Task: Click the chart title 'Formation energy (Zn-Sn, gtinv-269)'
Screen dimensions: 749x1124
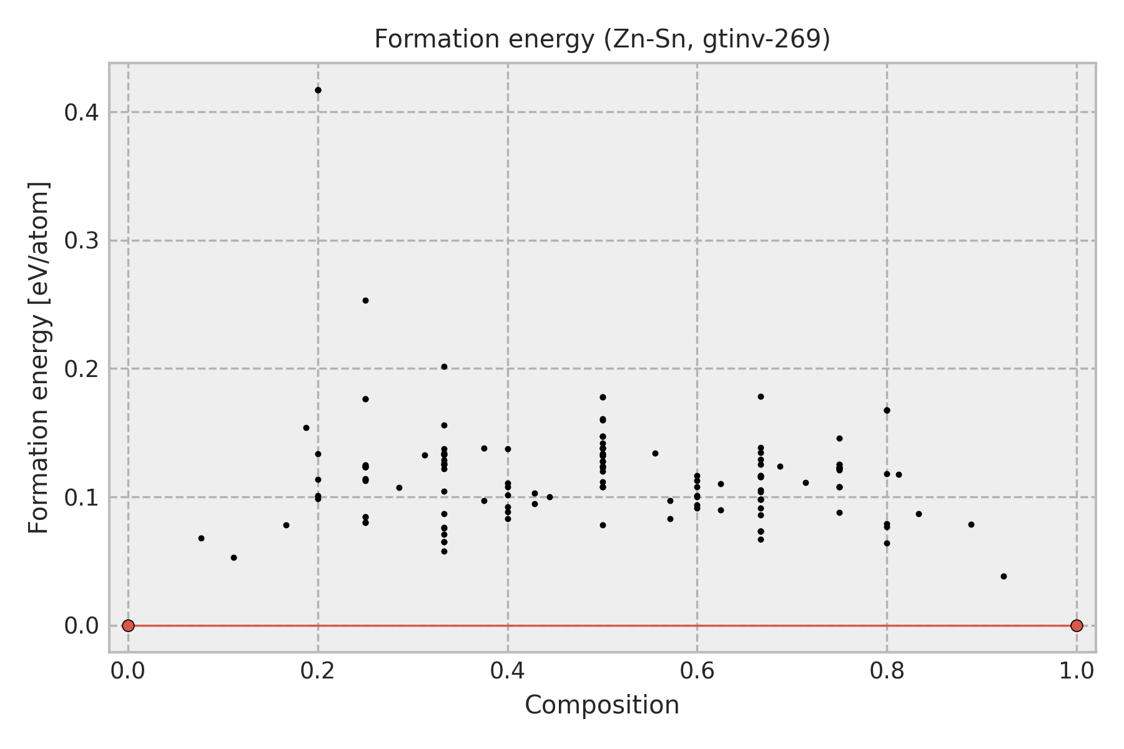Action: click(x=602, y=40)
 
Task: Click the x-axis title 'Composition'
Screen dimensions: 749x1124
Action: click(x=602, y=705)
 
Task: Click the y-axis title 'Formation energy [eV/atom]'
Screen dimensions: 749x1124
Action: click(x=39, y=358)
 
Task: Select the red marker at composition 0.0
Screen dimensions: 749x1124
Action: click(x=128, y=625)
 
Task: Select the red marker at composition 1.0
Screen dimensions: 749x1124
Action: click(x=1077, y=625)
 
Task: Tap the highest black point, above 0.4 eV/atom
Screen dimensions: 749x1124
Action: click(x=318, y=90)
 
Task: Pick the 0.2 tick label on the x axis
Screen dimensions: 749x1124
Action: click(x=318, y=671)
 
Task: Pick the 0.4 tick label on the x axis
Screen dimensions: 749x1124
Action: click(x=508, y=671)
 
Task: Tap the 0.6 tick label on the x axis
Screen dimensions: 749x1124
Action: click(x=697, y=671)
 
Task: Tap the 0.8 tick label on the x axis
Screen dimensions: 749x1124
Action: click(x=887, y=671)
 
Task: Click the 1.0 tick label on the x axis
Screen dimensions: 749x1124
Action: click(x=1077, y=671)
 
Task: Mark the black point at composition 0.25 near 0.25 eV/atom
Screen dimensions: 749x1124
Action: click(x=365, y=300)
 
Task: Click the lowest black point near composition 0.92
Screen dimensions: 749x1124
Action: click(x=1003, y=576)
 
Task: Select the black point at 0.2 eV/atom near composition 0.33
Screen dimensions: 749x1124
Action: click(x=444, y=366)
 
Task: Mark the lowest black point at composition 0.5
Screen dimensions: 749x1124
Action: click(x=603, y=525)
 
